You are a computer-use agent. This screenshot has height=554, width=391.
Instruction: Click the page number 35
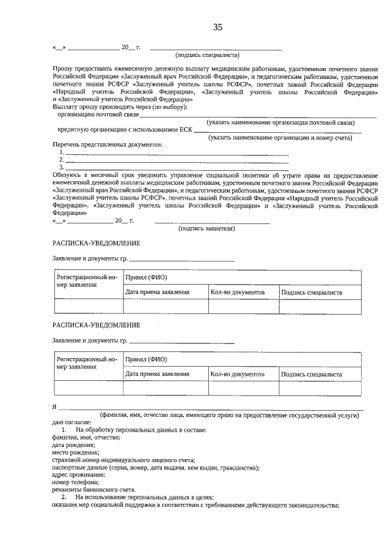coord(217,27)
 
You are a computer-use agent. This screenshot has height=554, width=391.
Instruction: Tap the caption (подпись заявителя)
coord(206,228)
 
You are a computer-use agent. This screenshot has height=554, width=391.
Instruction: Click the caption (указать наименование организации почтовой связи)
coord(280,122)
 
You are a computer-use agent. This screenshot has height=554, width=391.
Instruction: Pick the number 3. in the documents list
coord(62,167)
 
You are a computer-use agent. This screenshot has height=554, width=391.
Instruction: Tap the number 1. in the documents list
coord(62,152)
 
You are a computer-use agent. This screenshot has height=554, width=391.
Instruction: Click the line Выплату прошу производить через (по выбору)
coord(120,107)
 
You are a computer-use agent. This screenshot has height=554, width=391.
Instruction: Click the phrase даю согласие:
coord(71,422)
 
